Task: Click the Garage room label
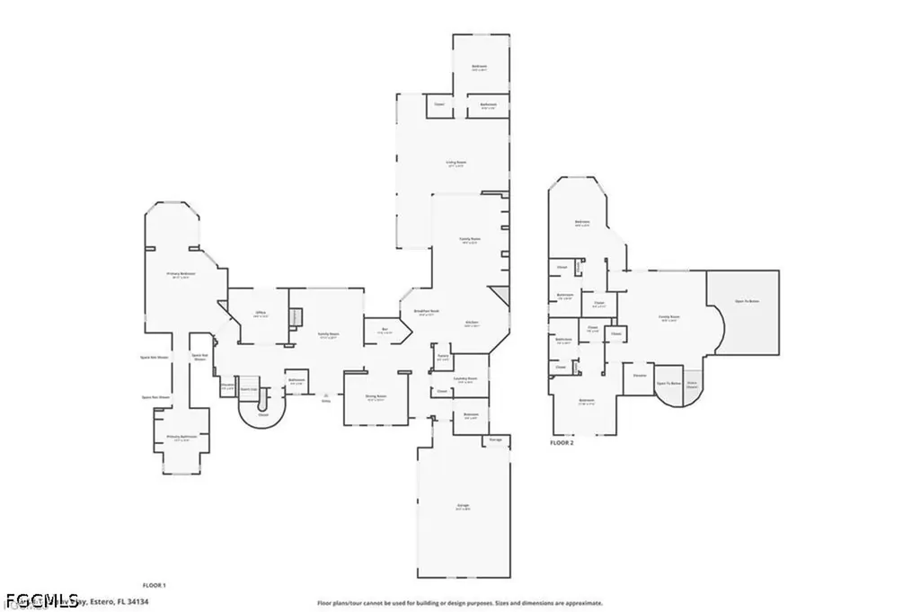pos(463,506)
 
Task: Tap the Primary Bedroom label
pos(181,273)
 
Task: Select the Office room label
pos(261,314)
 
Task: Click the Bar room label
pos(384,330)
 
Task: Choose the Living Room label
pos(456,163)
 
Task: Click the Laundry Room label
pos(464,378)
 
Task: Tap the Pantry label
pos(442,356)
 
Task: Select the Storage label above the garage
pos(495,439)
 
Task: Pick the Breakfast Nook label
pos(424,311)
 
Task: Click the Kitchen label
pos(471,322)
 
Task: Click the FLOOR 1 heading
pos(155,585)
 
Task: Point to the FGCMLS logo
pos(40,600)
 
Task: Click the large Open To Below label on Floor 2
pos(747,301)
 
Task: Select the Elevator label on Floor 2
pos(640,375)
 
